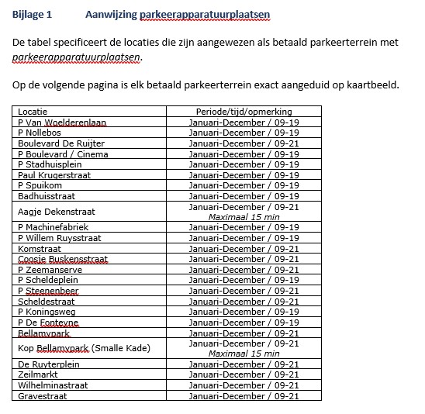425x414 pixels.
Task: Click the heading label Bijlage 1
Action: [x=33, y=15]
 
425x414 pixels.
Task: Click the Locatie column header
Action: [x=33, y=112]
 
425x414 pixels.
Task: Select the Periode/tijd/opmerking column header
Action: [x=244, y=112]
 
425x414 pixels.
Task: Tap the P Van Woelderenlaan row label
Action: [x=62, y=122]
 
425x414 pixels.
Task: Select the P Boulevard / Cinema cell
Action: [x=63, y=154]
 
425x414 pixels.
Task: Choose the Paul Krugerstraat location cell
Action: [x=54, y=175]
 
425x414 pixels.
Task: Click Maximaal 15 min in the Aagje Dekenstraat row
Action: [x=244, y=217]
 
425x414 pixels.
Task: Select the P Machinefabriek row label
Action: [x=53, y=227]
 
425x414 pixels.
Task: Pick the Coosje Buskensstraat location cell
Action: [x=63, y=260]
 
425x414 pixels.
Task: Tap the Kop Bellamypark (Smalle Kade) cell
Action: [x=83, y=349]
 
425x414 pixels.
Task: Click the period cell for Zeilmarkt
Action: [x=244, y=375]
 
